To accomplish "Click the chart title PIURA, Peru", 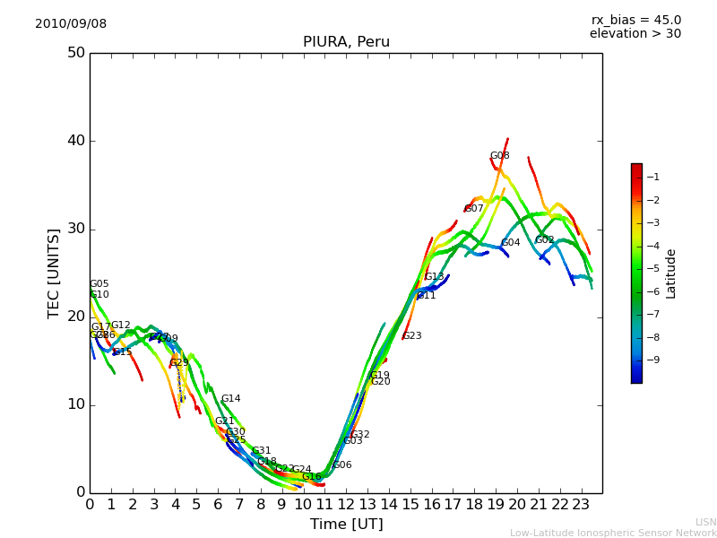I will pyautogui.click(x=346, y=42).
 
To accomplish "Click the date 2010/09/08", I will pyautogui.click(x=71, y=23).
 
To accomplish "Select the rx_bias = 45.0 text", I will pyautogui.click(x=635, y=20).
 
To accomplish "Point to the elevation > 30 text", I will pyautogui.click(x=635, y=34).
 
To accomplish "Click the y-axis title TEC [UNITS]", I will pyautogui.click(x=55, y=273).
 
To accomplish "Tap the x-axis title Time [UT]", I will pyautogui.click(x=346, y=525).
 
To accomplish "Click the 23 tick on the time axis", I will pyautogui.click(x=581, y=505).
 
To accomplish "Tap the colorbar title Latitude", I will pyautogui.click(x=671, y=273).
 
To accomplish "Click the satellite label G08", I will pyautogui.click(x=499, y=156).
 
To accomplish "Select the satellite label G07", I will pyautogui.click(x=474, y=209).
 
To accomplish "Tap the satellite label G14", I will pyautogui.click(x=230, y=399).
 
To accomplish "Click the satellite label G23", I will pyautogui.click(x=411, y=336).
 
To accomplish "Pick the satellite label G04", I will pyautogui.click(x=510, y=243).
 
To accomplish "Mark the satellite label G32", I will pyautogui.click(x=359, y=435).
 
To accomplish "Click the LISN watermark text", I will pyautogui.click(x=705, y=522).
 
